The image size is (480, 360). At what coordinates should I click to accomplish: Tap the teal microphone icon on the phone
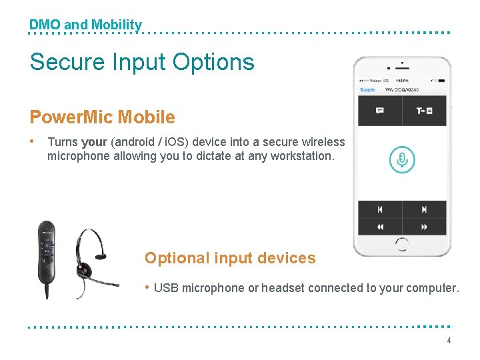point(402,159)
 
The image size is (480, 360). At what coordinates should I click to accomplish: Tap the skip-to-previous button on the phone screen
point(380,209)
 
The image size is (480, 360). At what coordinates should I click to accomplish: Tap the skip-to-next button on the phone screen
point(424,209)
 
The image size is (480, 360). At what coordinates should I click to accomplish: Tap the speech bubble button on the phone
point(380,111)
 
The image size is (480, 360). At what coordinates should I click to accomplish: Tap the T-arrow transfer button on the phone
point(424,111)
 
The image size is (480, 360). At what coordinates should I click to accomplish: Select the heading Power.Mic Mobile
point(102,117)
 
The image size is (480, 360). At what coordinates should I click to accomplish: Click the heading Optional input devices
point(230,258)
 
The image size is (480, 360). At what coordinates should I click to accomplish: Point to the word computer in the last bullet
point(432,288)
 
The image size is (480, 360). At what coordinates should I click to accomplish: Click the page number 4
point(449,341)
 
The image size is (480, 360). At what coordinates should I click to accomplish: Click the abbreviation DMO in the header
point(45,25)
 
